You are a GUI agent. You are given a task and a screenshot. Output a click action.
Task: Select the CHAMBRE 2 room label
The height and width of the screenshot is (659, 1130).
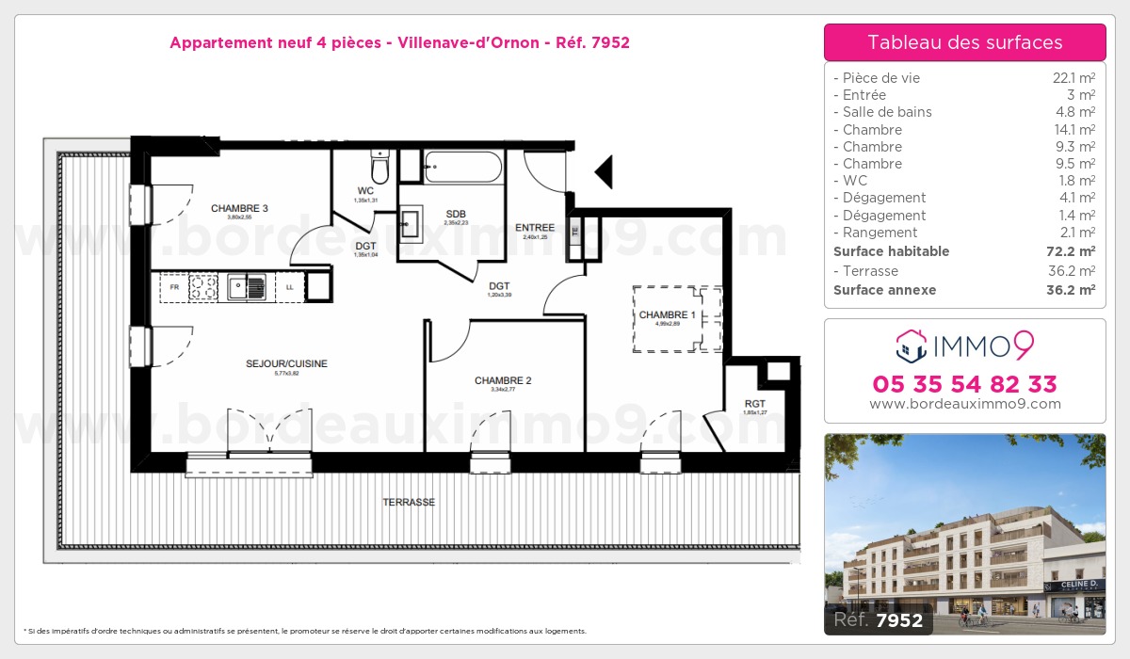[503, 380]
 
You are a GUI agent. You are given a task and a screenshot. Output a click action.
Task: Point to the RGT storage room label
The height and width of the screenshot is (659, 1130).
[754, 402]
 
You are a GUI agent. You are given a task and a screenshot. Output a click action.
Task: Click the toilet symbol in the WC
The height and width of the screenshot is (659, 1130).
[379, 169]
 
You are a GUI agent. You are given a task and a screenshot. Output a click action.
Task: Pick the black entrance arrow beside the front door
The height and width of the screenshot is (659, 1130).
[604, 172]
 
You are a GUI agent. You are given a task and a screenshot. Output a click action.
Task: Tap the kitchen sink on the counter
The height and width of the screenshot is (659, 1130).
[250, 286]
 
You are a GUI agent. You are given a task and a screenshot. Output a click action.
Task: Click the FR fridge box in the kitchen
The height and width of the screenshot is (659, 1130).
[174, 287]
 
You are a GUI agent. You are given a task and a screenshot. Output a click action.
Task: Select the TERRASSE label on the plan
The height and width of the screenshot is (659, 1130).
[409, 503]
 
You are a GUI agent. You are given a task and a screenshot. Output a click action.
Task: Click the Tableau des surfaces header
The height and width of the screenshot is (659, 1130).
[964, 42]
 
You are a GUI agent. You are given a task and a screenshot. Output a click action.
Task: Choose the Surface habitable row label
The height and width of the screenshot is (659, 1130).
[891, 251]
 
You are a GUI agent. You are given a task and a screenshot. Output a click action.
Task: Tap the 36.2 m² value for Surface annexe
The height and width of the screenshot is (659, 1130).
[1073, 290]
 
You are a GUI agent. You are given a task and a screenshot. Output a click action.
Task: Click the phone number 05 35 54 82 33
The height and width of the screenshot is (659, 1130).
[964, 384]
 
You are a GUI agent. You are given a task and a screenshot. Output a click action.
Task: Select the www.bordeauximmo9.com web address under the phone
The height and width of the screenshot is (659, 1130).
[964, 404]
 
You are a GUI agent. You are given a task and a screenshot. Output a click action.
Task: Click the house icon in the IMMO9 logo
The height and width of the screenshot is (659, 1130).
[910, 346]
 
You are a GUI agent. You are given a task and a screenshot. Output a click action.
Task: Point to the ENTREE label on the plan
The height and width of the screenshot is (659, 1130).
[534, 228]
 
